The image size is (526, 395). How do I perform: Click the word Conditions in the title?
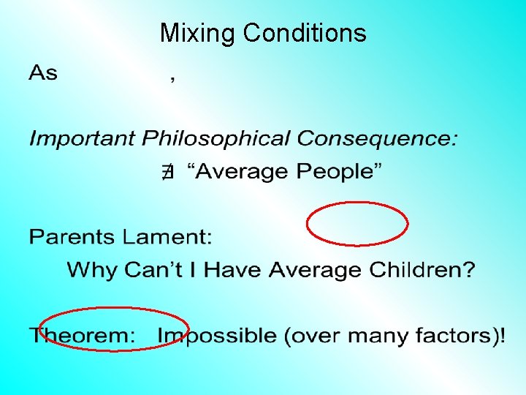tap(305, 33)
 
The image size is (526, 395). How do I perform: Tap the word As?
tap(43, 73)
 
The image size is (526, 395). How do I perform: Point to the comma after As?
tap(172, 80)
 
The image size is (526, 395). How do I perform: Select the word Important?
tap(83, 138)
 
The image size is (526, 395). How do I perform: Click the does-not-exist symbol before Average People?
tap(167, 173)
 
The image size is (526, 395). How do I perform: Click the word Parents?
tap(75, 237)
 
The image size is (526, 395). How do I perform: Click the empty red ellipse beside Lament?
tap(357, 224)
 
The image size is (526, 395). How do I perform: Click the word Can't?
tap(157, 270)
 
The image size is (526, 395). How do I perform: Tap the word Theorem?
tap(83, 336)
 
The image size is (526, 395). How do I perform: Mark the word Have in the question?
tap(235, 270)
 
